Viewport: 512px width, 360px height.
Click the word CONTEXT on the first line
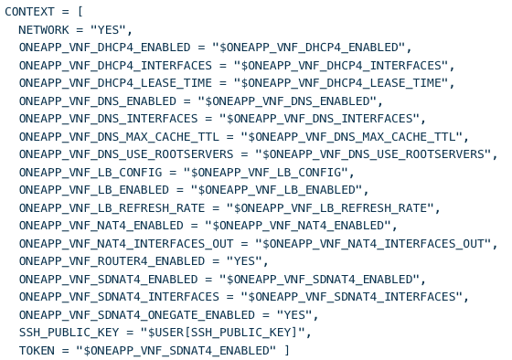click(x=29, y=12)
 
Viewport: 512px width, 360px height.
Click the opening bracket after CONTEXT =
click(x=80, y=12)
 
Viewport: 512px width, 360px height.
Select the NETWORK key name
click(x=44, y=30)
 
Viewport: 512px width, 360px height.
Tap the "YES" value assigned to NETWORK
click(x=108, y=30)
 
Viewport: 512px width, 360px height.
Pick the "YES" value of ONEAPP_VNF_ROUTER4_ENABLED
click(x=245, y=261)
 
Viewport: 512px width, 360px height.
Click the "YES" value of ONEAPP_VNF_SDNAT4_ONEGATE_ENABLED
click(x=294, y=314)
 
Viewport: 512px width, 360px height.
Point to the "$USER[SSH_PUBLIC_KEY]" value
click(x=223, y=333)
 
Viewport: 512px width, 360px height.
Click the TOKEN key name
click(x=37, y=350)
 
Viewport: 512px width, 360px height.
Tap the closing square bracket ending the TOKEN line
click(x=287, y=350)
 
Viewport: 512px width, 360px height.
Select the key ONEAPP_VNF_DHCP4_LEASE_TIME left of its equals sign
click(x=115, y=83)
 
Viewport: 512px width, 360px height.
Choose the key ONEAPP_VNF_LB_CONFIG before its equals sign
click(x=91, y=172)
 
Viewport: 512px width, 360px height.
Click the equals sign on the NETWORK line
click(x=80, y=30)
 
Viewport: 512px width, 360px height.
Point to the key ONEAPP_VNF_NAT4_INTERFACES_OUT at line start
click(x=126, y=243)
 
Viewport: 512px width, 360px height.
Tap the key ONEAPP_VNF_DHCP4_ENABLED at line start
click(x=104, y=48)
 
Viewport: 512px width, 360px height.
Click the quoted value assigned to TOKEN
click(x=176, y=350)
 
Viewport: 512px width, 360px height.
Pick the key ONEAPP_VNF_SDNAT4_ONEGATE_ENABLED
click(x=137, y=314)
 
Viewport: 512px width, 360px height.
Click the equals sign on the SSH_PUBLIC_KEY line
click(x=130, y=333)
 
